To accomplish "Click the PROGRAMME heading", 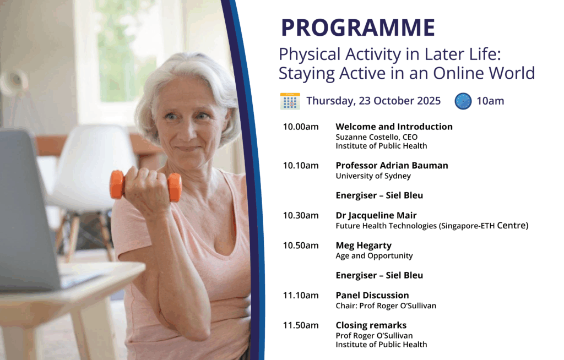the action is click(358, 28).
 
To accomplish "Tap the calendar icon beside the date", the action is click(290, 101).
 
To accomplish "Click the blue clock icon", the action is click(463, 101).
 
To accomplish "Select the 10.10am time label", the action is click(301, 166).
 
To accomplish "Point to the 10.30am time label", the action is click(301, 215).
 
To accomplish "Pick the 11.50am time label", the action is click(301, 325).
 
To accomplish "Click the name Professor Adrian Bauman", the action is click(392, 166).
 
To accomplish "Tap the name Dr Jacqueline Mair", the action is click(376, 216).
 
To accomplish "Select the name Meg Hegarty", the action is click(364, 246).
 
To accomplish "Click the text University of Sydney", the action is click(373, 176).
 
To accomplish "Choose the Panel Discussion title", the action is click(372, 295).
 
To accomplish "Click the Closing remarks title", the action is click(371, 325).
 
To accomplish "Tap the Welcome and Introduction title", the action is click(394, 127).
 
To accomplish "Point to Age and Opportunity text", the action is click(374, 256).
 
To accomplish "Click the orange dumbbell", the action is click(145, 185).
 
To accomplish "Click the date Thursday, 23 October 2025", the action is click(373, 101).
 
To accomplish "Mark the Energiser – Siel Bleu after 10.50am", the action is click(379, 275).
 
